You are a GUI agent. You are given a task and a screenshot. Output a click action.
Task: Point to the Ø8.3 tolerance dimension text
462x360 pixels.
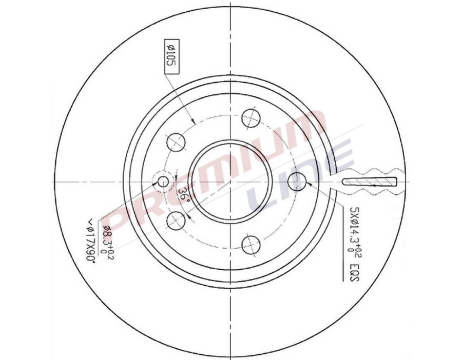pyautogui.click(x=108, y=241)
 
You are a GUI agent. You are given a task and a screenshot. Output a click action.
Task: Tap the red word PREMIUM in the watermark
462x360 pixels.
pyautogui.click(x=216, y=169)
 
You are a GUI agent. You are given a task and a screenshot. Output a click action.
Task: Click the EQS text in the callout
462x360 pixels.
pyautogui.click(x=353, y=271)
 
